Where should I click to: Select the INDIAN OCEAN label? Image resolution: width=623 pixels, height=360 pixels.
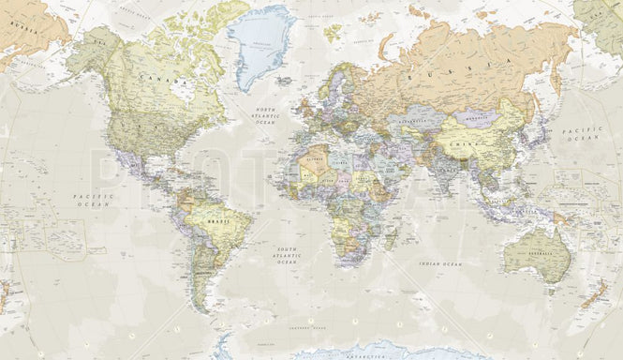(440, 265)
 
